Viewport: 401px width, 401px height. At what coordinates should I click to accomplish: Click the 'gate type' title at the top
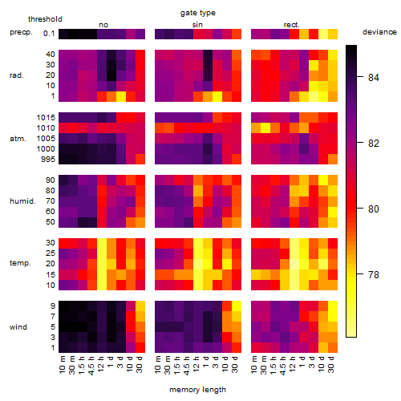point(198,13)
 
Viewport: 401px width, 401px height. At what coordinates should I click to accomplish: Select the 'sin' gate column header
point(197,25)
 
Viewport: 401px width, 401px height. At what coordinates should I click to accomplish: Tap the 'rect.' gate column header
point(292,25)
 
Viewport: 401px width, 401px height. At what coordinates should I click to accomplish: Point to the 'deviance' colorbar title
point(379,32)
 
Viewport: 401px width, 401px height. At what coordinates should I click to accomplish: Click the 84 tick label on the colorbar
point(373,77)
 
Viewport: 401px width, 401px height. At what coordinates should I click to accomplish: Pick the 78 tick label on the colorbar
point(373,274)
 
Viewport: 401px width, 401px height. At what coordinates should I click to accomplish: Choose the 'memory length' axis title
point(197,390)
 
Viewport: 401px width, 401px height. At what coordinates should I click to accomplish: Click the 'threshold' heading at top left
point(45,19)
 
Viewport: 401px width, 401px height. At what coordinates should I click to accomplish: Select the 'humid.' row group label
point(22,201)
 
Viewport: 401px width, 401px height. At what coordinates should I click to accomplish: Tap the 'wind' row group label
point(18,327)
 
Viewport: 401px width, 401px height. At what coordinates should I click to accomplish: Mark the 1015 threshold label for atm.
point(46,118)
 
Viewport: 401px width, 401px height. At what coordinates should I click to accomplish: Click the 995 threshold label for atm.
point(48,160)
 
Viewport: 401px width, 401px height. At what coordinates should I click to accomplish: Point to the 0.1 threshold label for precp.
point(49,34)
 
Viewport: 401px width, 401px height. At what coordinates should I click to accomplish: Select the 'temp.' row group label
point(20,263)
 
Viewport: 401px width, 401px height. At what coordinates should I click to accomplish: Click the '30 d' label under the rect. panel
point(331,364)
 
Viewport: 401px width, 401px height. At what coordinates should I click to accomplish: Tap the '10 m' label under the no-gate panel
point(62,364)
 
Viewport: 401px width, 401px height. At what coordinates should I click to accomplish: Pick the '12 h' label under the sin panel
point(196,364)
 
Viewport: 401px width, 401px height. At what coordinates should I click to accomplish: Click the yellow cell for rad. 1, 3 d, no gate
point(121,96)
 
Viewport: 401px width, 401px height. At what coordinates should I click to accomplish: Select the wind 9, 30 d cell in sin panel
point(237,306)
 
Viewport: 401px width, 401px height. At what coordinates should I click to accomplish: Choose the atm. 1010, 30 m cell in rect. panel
point(265,128)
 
